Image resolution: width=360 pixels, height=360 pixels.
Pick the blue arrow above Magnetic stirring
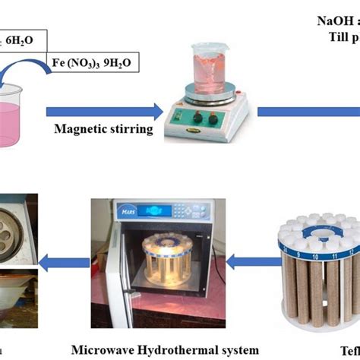[105, 111]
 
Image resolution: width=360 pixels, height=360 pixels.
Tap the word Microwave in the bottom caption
[105, 349]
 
